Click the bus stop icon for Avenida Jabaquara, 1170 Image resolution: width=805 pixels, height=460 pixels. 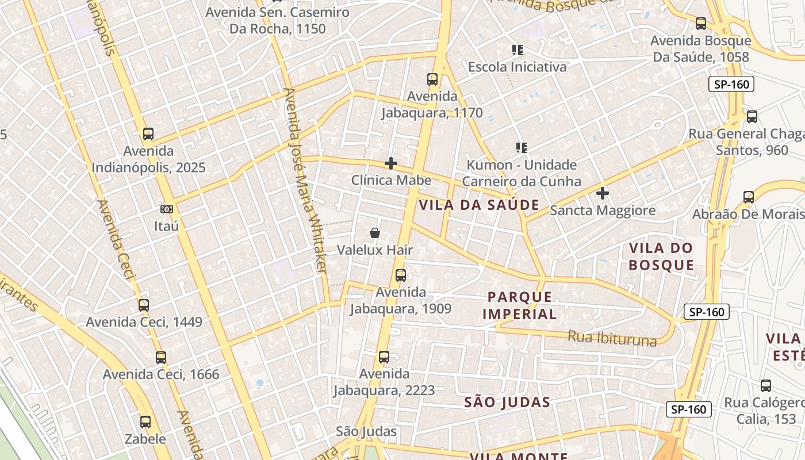point(432,79)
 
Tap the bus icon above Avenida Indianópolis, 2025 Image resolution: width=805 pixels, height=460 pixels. point(148,134)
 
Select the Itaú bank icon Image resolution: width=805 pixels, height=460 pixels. point(167,209)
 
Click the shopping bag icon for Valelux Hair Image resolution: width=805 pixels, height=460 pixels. point(375,233)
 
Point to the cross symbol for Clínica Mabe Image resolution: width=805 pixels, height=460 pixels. point(391,163)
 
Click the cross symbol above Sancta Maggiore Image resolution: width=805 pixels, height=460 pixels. point(602,193)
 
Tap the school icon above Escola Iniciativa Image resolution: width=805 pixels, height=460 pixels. point(517,50)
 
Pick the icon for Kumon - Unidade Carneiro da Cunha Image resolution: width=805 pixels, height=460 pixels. point(522,148)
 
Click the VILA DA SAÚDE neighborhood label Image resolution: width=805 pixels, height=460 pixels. point(479,205)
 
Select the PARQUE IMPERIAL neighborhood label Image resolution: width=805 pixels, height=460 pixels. point(519,305)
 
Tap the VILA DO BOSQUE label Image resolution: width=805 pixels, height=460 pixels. point(661,256)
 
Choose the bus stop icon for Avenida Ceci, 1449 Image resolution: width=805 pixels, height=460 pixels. point(144,305)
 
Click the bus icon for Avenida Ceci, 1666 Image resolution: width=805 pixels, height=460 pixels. point(161,357)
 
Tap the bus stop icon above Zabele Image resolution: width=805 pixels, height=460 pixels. point(145,422)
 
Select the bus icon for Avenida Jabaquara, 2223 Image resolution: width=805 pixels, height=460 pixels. point(384,357)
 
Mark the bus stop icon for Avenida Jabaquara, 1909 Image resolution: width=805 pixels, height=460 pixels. point(401,275)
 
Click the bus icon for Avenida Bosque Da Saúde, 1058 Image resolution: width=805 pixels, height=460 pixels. point(700,24)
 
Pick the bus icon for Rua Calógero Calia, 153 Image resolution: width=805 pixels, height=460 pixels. point(765,385)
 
